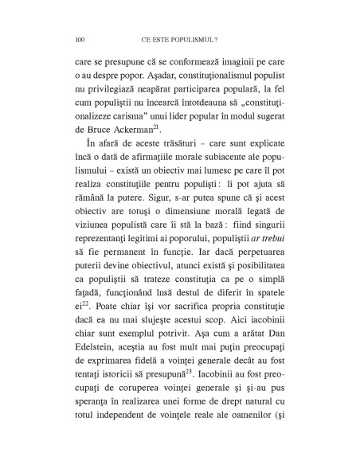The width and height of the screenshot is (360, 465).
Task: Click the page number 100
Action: click(x=79, y=37)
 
